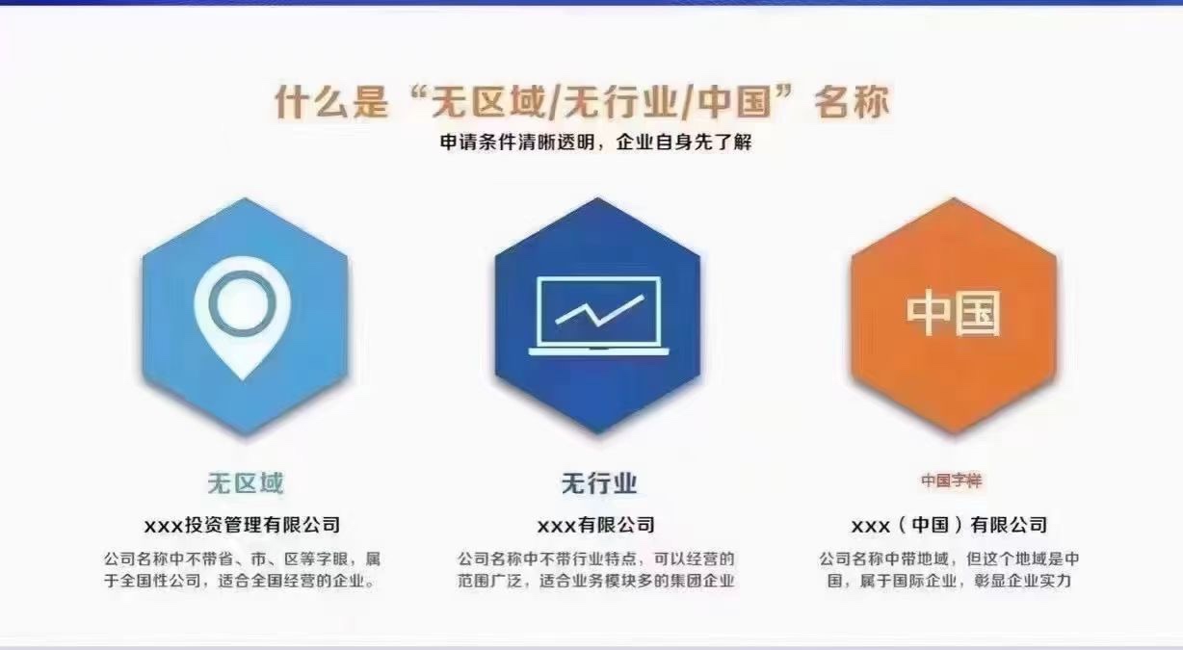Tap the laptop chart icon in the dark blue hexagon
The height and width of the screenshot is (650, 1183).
(x=598, y=316)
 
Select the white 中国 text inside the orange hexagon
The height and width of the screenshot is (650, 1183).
(x=954, y=313)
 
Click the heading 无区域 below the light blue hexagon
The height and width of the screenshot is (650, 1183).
(x=245, y=483)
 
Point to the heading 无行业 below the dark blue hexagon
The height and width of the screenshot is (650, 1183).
(x=599, y=483)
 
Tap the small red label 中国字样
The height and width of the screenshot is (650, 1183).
(x=951, y=481)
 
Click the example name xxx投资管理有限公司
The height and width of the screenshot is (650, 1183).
(x=243, y=525)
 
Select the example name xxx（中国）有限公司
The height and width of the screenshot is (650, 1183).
(x=949, y=525)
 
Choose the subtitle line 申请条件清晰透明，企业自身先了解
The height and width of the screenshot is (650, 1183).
(x=595, y=143)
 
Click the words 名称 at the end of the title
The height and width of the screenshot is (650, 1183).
(x=852, y=101)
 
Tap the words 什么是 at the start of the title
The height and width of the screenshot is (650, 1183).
(x=331, y=101)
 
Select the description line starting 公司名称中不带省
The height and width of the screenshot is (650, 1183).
(x=243, y=559)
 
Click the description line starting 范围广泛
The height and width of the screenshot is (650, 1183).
(x=596, y=581)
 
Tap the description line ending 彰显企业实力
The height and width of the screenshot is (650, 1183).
(x=949, y=581)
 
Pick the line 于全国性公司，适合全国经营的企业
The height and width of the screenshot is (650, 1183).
(x=240, y=581)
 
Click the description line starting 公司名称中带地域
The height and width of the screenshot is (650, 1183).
(x=949, y=559)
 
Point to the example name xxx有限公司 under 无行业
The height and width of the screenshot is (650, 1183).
(x=596, y=525)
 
